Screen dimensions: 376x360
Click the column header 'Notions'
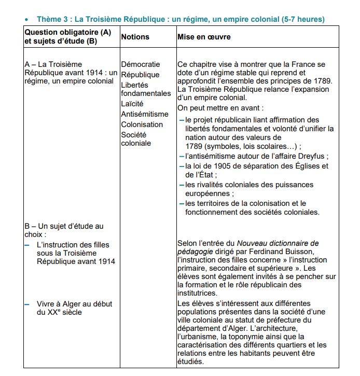[x=135, y=37]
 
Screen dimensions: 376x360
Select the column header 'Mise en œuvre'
[x=204, y=37]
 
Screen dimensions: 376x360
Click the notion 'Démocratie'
[x=141, y=64]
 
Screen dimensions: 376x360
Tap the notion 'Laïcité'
[x=132, y=104]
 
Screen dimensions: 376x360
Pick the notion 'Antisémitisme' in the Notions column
[x=145, y=114]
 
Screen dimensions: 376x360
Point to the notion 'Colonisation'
[x=142, y=124]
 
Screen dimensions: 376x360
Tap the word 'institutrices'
[x=198, y=293]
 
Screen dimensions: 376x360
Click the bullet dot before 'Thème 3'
[x=26, y=20]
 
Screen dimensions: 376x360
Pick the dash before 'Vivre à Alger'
[x=26, y=304]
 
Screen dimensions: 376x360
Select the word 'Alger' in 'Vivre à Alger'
[x=67, y=304]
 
